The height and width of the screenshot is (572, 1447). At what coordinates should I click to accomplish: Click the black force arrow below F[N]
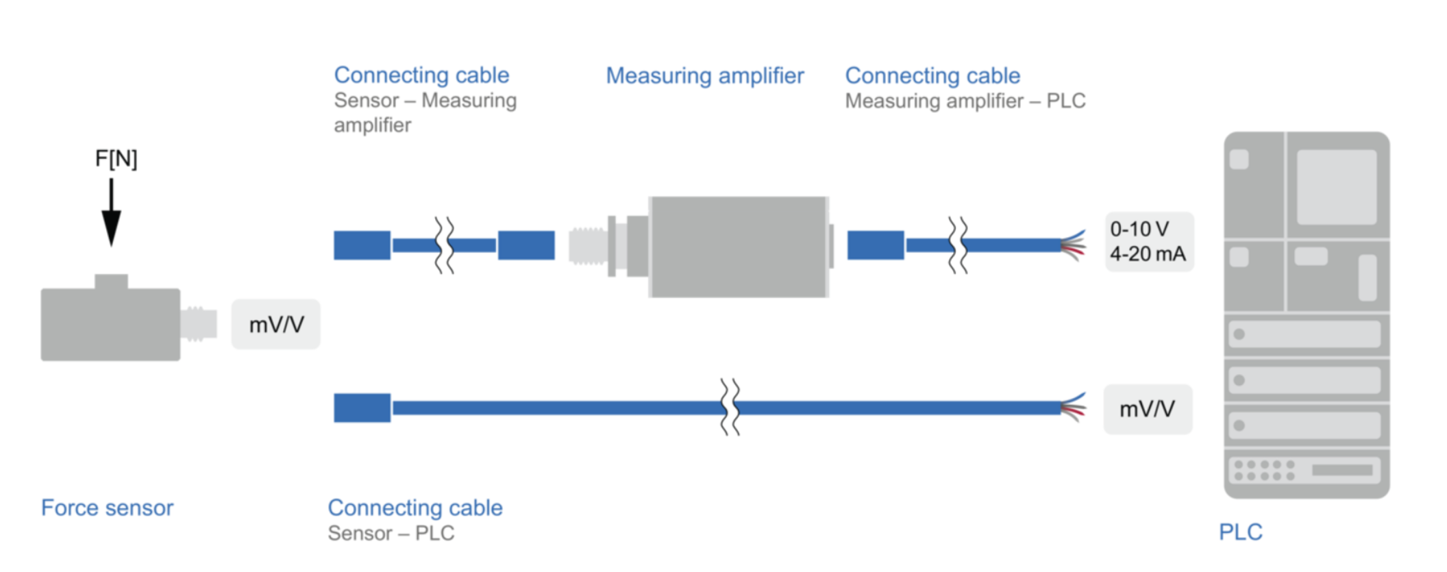point(111,212)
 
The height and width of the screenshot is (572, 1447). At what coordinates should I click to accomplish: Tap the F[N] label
point(116,159)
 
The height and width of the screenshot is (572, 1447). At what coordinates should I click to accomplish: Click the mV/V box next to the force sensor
point(276,324)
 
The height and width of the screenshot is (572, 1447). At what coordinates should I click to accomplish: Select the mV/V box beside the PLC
point(1148,409)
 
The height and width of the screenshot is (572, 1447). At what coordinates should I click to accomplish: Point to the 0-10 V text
point(1139,229)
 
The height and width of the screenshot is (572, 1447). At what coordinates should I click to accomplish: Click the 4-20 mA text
point(1148,254)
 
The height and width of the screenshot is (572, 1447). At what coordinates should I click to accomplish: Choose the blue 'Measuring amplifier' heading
point(704,75)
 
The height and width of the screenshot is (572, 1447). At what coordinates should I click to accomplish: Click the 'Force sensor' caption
point(107,508)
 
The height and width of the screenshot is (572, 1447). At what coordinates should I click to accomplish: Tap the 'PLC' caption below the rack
point(1240,532)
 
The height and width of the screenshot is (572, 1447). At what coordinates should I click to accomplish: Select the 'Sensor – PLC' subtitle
point(391,533)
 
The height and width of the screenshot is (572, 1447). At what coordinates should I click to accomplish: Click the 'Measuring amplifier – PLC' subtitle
point(965,101)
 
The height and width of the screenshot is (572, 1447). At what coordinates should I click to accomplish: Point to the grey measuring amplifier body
point(739,247)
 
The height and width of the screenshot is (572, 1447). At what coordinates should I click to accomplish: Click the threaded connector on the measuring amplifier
point(588,246)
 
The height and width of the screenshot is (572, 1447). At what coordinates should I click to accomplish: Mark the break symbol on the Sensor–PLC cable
point(730,408)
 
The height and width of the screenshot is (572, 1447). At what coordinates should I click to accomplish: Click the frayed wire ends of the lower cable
point(1074,408)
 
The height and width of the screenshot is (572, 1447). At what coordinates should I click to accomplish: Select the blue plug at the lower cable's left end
point(362,408)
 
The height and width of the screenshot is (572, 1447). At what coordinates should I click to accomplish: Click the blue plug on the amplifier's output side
point(875,245)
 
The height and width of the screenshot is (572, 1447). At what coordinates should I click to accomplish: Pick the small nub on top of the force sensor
point(111,282)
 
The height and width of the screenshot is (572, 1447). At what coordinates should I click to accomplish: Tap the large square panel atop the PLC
point(1336,187)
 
